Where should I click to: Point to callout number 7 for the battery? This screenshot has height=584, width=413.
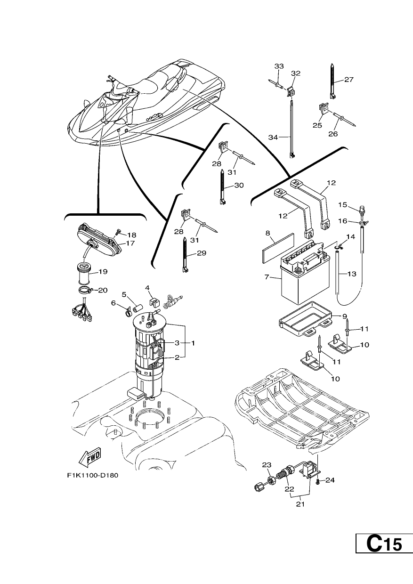267,277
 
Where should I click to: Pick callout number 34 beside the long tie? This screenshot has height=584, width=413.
273,137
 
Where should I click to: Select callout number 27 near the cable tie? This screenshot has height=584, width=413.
349,80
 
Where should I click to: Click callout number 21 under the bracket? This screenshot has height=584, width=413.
300,504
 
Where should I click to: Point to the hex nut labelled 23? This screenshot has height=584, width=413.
270,480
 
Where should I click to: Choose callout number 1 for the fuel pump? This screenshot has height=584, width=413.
193,343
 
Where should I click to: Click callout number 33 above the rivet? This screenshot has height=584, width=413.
279,66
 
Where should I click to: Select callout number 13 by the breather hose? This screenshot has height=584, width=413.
352,274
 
